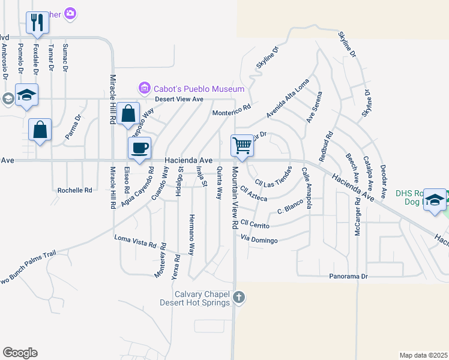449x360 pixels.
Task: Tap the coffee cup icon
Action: click(140, 148)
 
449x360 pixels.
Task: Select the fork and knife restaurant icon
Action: click(37, 23)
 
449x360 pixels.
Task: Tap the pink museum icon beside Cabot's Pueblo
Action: click(144, 89)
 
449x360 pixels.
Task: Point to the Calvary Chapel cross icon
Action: click(239, 297)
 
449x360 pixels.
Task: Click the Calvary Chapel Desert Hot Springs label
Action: click(195, 298)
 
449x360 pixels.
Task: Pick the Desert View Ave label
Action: click(179, 100)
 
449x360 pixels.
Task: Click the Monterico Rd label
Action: click(231, 111)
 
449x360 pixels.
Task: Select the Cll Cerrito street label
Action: click(255, 225)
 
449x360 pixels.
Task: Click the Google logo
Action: click(20, 352)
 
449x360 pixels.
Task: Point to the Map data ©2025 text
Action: click(423, 355)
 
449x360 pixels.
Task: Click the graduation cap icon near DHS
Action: click(433, 200)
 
